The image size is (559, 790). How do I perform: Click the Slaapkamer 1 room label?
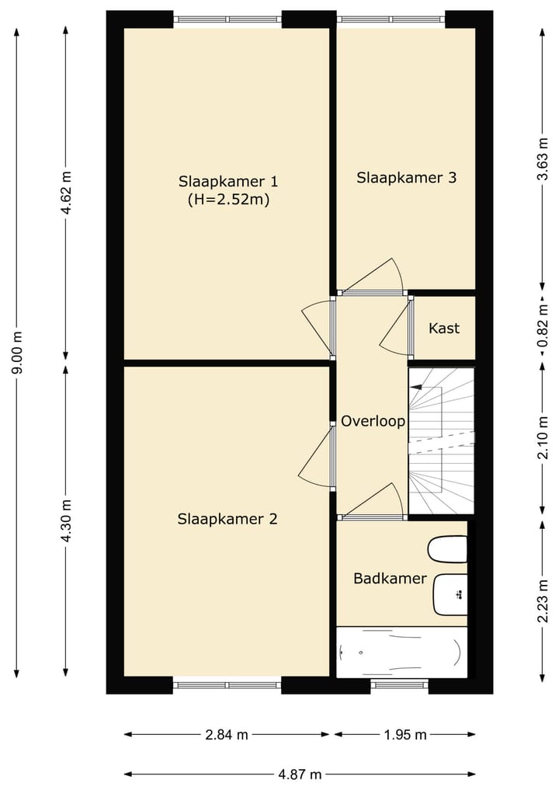pyautogui.click(x=228, y=181)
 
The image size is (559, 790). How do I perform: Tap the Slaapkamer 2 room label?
pyautogui.click(x=227, y=519)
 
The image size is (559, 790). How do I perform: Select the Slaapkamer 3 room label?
pyautogui.click(x=406, y=177)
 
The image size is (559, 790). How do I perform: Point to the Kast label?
pyautogui.click(x=444, y=328)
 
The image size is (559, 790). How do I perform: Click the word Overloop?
pyautogui.click(x=373, y=421)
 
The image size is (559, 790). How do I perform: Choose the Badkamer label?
pyautogui.click(x=391, y=578)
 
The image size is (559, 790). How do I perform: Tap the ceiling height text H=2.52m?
pyautogui.click(x=228, y=200)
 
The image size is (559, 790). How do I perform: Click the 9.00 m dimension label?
pyautogui.click(x=17, y=353)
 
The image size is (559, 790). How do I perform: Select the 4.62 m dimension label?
pyautogui.click(x=66, y=193)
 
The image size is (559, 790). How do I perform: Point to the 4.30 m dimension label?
pyautogui.click(x=66, y=520)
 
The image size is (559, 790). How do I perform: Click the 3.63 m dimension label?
pyautogui.click(x=543, y=158)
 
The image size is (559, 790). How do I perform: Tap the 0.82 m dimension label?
pyautogui.click(x=543, y=326)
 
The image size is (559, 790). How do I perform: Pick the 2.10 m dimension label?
pyautogui.click(x=543, y=438)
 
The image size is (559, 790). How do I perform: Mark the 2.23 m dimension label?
pyautogui.click(x=543, y=601)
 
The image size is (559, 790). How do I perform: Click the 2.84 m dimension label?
pyautogui.click(x=227, y=735)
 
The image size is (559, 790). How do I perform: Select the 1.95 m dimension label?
pyautogui.click(x=405, y=735)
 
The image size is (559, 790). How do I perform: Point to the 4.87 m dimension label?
pyautogui.click(x=300, y=774)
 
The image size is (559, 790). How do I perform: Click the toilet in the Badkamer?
pyautogui.click(x=447, y=549)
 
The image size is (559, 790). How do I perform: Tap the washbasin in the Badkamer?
pyautogui.click(x=450, y=594)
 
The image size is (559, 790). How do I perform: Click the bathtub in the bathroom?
pyautogui.click(x=402, y=653)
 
